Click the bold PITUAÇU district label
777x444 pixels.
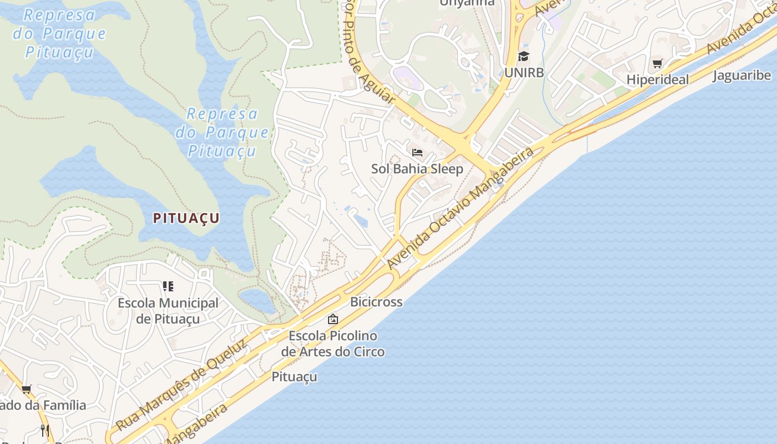[x=186, y=218]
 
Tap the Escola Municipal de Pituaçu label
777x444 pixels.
[x=168, y=311]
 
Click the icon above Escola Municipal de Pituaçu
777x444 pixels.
[x=168, y=286]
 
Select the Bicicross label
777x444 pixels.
[x=376, y=302]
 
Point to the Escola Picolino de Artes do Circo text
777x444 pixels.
[x=332, y=344]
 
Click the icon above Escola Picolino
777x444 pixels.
[x=333, y=319]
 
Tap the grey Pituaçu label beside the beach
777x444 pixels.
[x=294, y=377]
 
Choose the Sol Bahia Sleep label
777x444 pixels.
[x=417, y=169]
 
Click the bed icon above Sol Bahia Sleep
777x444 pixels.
[x=417, y=152]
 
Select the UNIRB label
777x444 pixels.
[x=524, y=73]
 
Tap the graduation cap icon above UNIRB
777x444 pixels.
[x=523, y=56]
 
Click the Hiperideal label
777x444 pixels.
[x=658, y=79]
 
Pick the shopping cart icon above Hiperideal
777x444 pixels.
[x=658, y=63]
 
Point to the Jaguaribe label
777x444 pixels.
[x=741, y=75]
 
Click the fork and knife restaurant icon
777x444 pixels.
[x=45, y=430]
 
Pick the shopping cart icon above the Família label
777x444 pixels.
[x=26, y=389]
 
